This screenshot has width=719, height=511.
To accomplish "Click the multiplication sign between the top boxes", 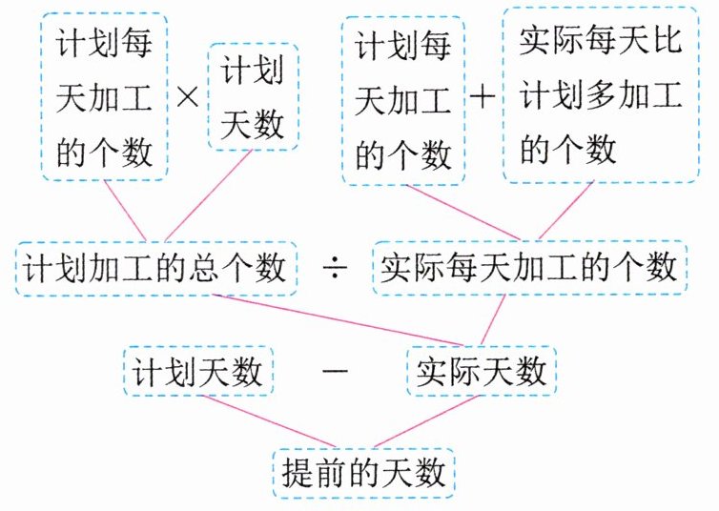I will click(189, 99).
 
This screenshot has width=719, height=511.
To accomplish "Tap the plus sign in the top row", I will click(483, 98).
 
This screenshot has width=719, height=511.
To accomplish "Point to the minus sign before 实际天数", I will click(334, 370).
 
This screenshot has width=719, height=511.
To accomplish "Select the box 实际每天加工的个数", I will click(528, 269).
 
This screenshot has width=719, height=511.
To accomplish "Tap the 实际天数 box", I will click(480, 371).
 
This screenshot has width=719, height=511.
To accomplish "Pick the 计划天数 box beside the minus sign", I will click(198, 371).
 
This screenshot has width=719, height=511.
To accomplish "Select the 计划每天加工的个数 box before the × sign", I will click(104, 97).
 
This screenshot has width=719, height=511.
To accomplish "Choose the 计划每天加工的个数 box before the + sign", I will click(401, 99).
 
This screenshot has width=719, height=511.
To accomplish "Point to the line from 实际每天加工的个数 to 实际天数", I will click(494, 320).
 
